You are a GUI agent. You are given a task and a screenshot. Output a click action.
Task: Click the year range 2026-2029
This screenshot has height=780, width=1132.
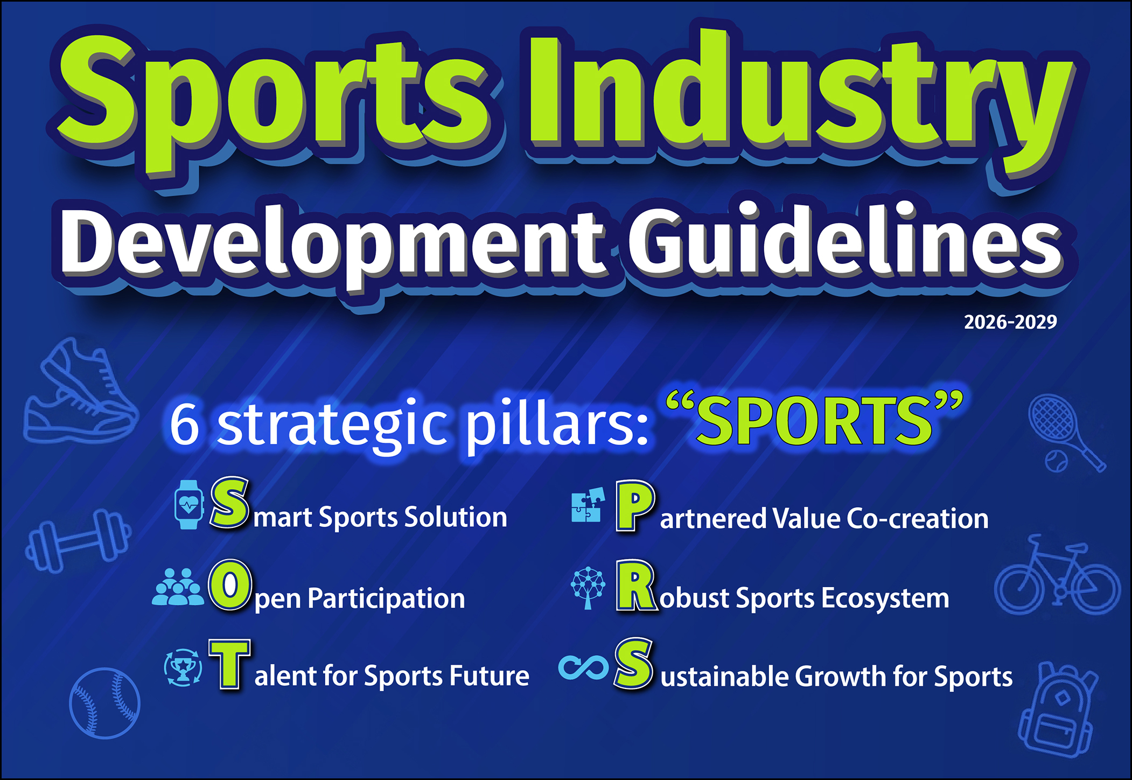click(x=1010, y=322)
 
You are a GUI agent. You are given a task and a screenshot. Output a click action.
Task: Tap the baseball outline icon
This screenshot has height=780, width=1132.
click(x=104, y=703)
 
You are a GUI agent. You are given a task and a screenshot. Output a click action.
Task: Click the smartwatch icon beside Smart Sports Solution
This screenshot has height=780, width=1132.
click(x=189, y=505)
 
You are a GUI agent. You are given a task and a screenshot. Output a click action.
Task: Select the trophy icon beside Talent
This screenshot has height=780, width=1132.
click(x=183, y=668)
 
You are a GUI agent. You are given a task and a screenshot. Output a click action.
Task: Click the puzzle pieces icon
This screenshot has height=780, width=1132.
click(x=588, y=505)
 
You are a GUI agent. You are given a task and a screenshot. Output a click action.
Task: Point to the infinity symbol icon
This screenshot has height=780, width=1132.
click(x=584, y=668)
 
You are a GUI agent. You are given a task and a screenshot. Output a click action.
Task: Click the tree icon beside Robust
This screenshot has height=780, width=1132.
click(x=588, y=588)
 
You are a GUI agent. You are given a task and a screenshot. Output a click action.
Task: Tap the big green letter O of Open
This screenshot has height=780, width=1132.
click(x=230, y=585)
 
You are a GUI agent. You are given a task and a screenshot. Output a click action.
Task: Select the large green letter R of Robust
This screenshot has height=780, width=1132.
click(x=637, y=586)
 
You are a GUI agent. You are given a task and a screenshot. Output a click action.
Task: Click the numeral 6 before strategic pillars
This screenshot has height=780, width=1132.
click(x=185, y=424)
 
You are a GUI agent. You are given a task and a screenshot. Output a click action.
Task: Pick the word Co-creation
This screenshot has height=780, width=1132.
click(x=917, y=519)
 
